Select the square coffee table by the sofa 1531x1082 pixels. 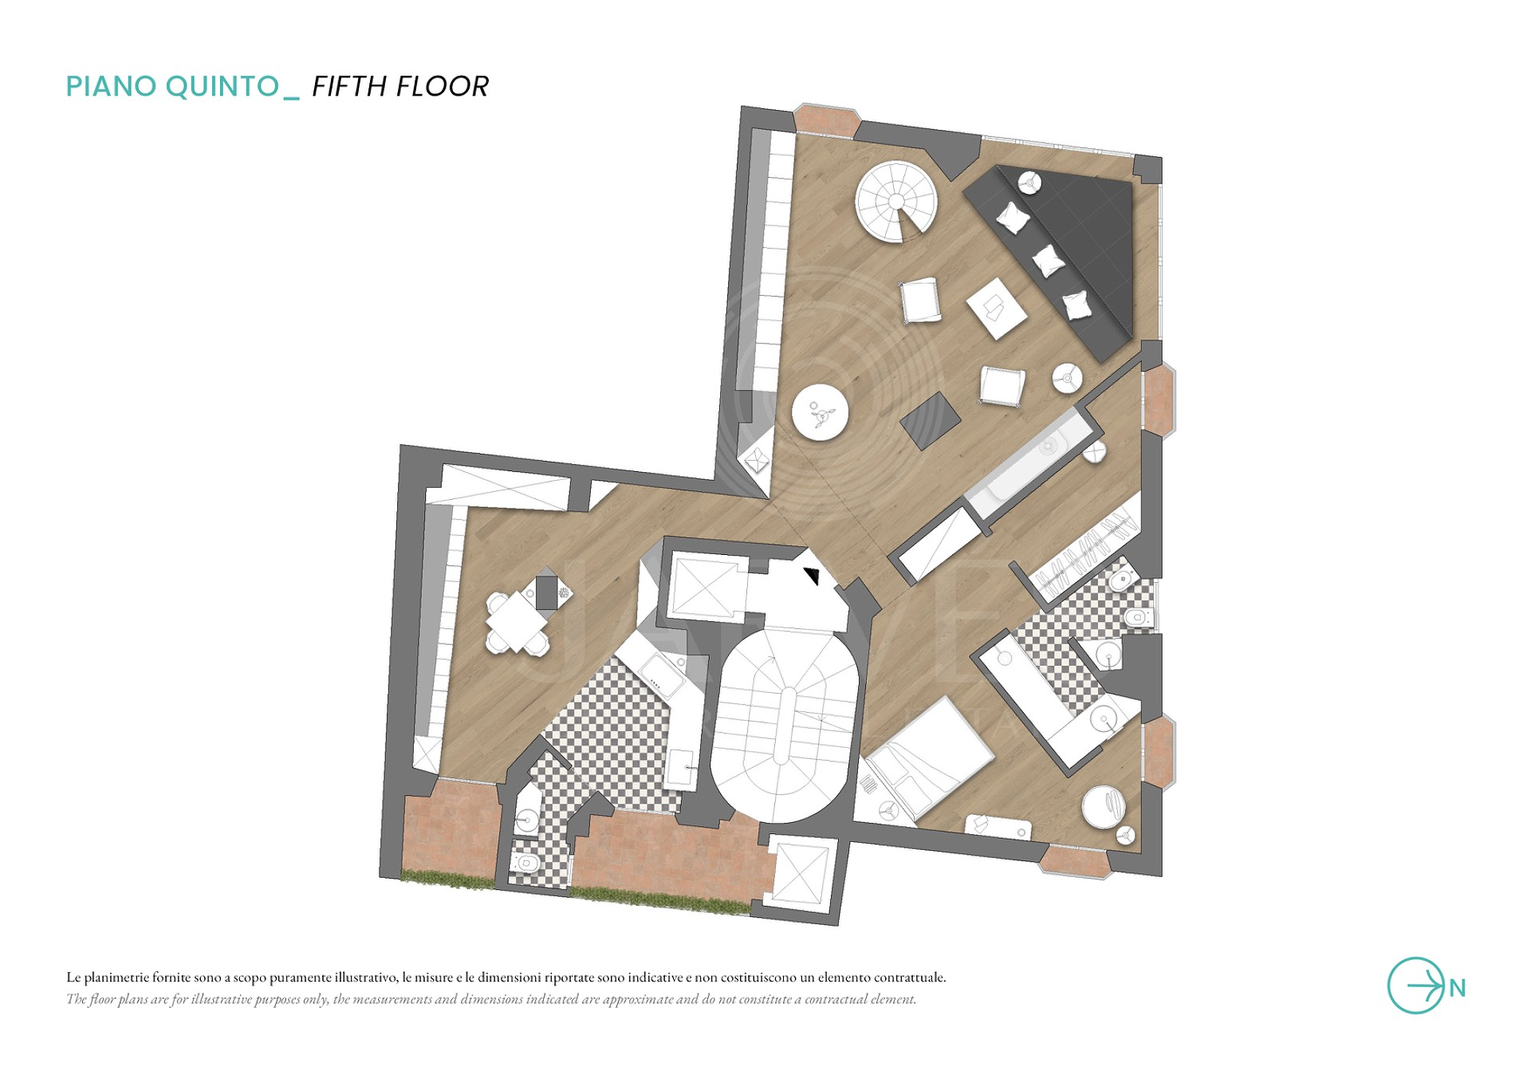997,308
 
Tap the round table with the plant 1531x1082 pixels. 820,411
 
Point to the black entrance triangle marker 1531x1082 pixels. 813,575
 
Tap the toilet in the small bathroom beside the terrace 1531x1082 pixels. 525,863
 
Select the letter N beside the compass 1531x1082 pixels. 1458,989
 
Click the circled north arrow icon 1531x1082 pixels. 1416,986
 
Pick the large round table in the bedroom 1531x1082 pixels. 1104,807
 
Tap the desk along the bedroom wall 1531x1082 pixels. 998,827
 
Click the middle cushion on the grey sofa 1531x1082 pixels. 1048,261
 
